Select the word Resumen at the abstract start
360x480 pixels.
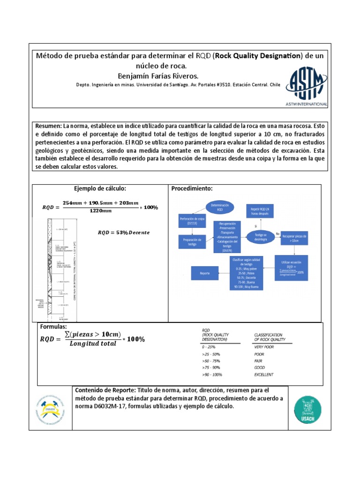pos(48,127)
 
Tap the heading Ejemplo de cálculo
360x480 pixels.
pos(100,188)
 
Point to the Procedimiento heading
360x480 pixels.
pos(192,188)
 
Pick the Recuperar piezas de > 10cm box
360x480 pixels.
pos(295,239)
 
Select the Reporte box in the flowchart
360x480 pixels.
pos(205,273)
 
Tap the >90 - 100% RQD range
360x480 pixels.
pos(212,375)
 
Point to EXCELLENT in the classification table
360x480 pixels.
pos(264,375)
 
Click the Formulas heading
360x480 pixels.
pos(54,326)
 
